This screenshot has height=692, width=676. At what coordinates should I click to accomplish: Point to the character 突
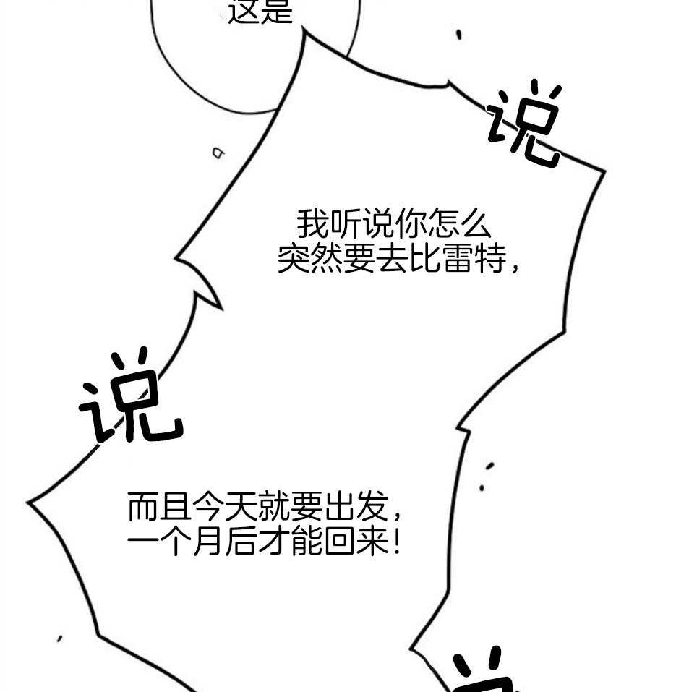(295, 259)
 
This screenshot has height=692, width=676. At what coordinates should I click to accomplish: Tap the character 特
(489, 259)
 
